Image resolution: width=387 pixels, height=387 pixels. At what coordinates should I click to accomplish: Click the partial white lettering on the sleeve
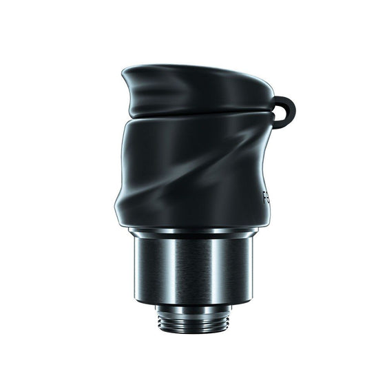point(266,199)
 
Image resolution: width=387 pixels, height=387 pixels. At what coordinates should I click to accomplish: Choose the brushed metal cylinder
point(193,269)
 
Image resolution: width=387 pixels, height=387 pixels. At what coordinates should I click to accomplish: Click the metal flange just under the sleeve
point(193,234)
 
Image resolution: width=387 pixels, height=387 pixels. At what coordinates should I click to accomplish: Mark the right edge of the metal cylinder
point(253,269)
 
